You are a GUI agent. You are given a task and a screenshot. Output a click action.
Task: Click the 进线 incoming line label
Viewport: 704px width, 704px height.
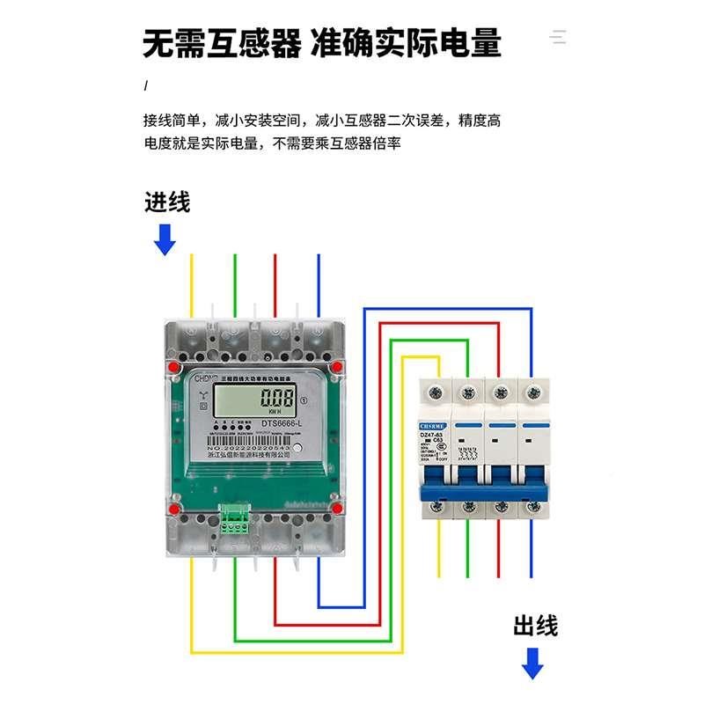[x=167, y=203]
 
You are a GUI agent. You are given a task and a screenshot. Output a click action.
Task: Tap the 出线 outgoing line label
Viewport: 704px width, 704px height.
[x=535, y=626]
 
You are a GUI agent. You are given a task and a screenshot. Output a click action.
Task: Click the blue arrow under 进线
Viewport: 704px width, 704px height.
[x=165, y=238]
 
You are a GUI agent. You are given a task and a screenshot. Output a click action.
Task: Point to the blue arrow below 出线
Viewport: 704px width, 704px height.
[x=532, y=662]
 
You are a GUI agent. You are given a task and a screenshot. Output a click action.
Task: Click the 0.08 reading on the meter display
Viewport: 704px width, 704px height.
[x=275, y=398]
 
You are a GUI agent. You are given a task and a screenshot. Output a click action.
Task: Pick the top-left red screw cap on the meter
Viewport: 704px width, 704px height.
[x=175, y=365]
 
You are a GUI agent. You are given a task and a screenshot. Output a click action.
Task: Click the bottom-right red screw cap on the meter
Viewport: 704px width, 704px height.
[x=337, y=508]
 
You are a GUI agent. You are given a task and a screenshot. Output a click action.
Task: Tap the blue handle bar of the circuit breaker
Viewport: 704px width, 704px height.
[x=483, y=483]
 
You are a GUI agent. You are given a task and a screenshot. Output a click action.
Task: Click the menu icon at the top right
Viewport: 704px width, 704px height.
[x=559, y=37]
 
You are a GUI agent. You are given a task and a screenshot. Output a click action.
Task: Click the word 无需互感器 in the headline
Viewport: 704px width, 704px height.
[x=222, y=41]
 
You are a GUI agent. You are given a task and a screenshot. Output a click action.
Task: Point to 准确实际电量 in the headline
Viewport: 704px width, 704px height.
[x=406, y=41]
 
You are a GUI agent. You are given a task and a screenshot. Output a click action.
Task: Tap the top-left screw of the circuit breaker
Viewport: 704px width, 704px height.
[x=434, y=390]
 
